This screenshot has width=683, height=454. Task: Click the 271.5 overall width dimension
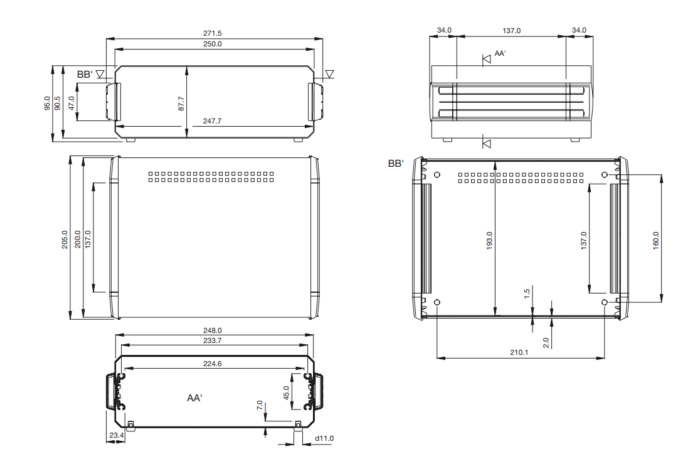[212, 33]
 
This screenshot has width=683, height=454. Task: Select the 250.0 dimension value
[212, 44]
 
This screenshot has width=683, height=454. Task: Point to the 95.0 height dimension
[47, 103]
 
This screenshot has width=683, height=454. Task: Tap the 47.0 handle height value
[71, 103]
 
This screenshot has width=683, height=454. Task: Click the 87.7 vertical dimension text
[181, 103]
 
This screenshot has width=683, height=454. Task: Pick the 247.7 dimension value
[212, 121]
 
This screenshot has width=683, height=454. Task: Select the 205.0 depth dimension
[65, 240]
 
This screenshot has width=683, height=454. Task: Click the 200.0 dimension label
[78, 240]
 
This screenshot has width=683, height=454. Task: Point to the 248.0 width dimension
[212, 330]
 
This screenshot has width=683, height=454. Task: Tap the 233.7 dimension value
[212, 340]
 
